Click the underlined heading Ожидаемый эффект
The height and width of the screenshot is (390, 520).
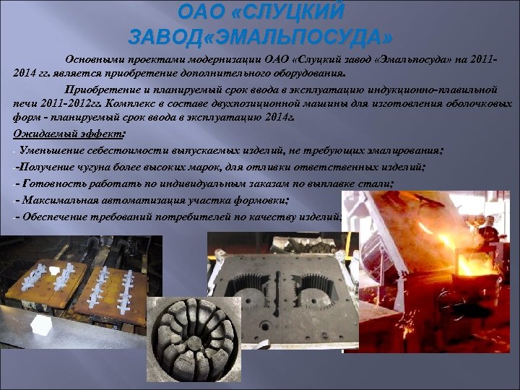pos(68,135)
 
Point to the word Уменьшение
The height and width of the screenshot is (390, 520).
pos(54,151)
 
